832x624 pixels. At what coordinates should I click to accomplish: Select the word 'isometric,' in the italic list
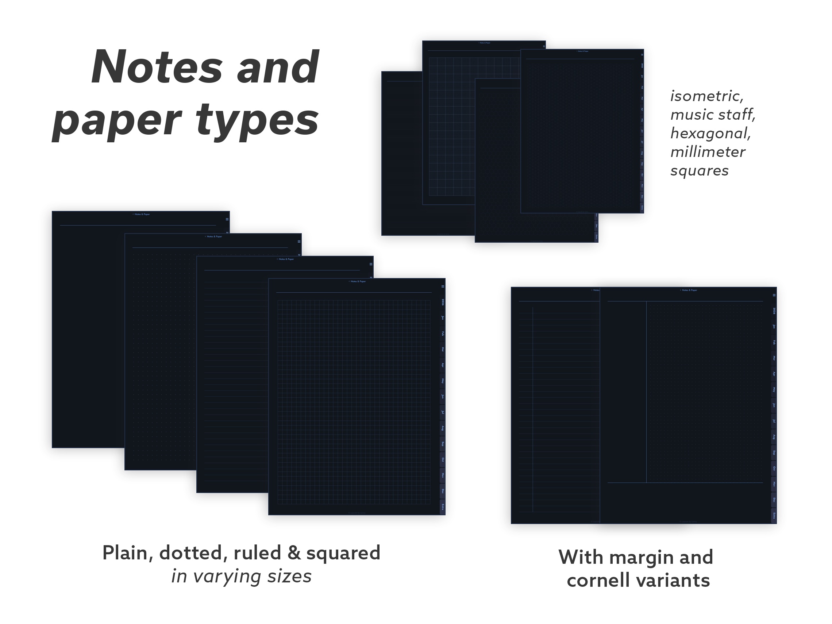point(707,96)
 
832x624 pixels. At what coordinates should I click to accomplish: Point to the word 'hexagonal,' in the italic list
point(710,133)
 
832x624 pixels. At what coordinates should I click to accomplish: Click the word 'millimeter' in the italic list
point(708,152)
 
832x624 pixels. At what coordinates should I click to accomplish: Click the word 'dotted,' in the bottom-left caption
point(193,553)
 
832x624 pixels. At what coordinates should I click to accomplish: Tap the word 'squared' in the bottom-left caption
point(343,553)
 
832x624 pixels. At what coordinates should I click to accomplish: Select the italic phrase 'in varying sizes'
point(242,576)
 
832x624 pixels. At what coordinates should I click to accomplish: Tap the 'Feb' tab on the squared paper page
point(443,334)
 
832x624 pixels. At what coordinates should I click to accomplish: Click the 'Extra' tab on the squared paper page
point(443,506)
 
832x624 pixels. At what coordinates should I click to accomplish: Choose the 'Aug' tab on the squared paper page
point(443,428)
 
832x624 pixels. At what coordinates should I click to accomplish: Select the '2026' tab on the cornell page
point(774,311)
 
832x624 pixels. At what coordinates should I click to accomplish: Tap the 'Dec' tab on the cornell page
point(774,500)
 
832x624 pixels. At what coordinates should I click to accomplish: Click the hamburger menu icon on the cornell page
point(774,295)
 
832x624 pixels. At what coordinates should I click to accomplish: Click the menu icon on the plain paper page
point(227,219)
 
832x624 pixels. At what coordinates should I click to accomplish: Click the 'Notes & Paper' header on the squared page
point(358,281)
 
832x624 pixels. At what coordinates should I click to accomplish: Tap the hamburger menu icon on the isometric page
point(642,55)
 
